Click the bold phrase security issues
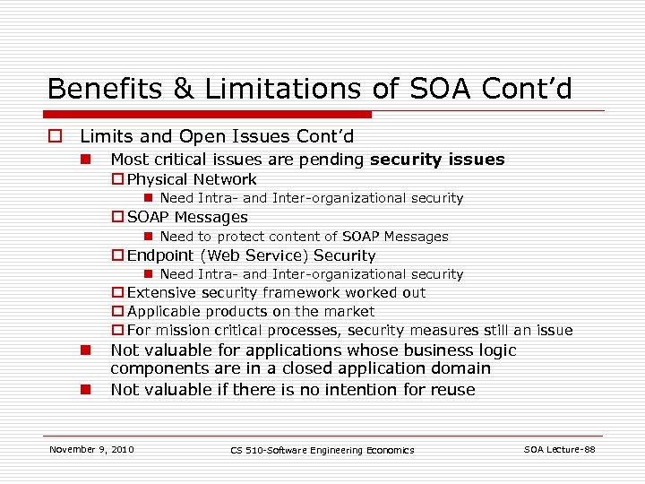[x=437, y=160]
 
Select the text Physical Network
[x=192, y=179]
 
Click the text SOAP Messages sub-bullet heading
[x=187, y=217]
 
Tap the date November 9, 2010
[x=91, y=449]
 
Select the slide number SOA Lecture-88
[x=559, y=449]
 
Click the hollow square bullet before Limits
[x=55, y=137]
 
